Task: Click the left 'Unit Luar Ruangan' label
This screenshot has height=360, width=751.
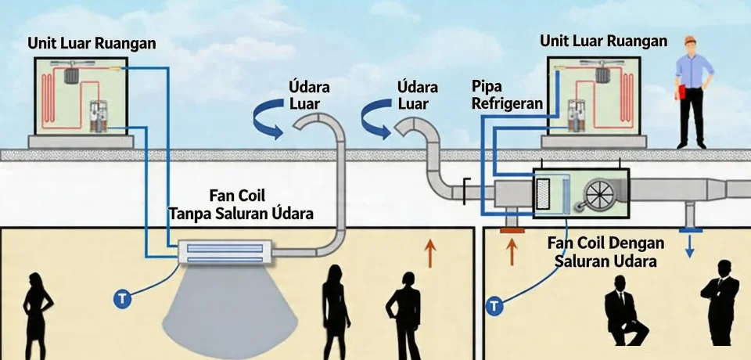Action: (x=91, y=43)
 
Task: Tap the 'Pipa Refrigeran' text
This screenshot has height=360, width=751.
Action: (x=507, y=94)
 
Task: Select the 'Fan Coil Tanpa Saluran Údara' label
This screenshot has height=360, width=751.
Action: (x=241, y=203)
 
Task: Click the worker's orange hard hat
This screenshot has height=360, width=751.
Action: (x=689, y=39)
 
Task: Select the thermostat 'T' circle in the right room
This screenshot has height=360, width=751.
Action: (x=494, y=306)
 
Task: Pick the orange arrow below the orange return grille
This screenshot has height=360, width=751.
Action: (x=513, y=252)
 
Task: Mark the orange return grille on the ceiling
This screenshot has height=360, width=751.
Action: (x=513, y=230)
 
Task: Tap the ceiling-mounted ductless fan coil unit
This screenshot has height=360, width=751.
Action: (x=225, y=251)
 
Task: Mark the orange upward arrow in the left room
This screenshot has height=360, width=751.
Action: (x=429, y=254)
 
